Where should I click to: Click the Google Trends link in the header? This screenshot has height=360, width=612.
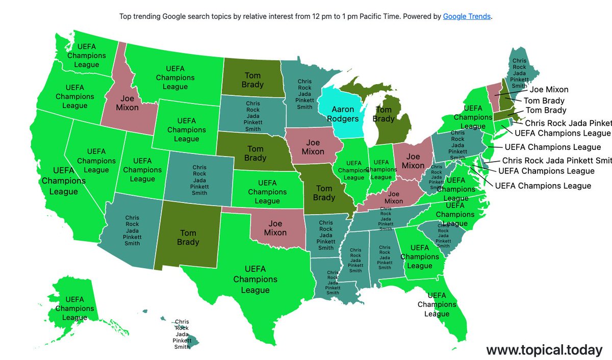(x=467, y=16)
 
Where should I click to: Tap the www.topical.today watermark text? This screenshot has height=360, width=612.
(x=544, y=350)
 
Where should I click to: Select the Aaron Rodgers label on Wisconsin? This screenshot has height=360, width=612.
(x=343, y=114)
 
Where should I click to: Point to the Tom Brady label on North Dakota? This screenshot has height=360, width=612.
(x=252, y=81)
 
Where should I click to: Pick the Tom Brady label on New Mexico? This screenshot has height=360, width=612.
(x=188, y=238)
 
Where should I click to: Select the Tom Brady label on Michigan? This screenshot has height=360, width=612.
(x=384, y=114)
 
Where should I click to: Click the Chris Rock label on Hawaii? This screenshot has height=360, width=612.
(x=182, y=334)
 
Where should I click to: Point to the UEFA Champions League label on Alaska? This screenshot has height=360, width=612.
(x=74, y=308)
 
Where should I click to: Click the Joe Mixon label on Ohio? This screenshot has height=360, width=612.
(x=413, y=161)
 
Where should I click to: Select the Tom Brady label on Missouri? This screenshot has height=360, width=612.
(x=324, y=193)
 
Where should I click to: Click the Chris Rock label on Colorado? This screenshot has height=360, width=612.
(x=199, y=180)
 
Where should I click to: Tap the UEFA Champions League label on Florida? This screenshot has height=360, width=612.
(x=437, y=304)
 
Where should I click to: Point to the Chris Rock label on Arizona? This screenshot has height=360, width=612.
(x=132, y=230)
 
